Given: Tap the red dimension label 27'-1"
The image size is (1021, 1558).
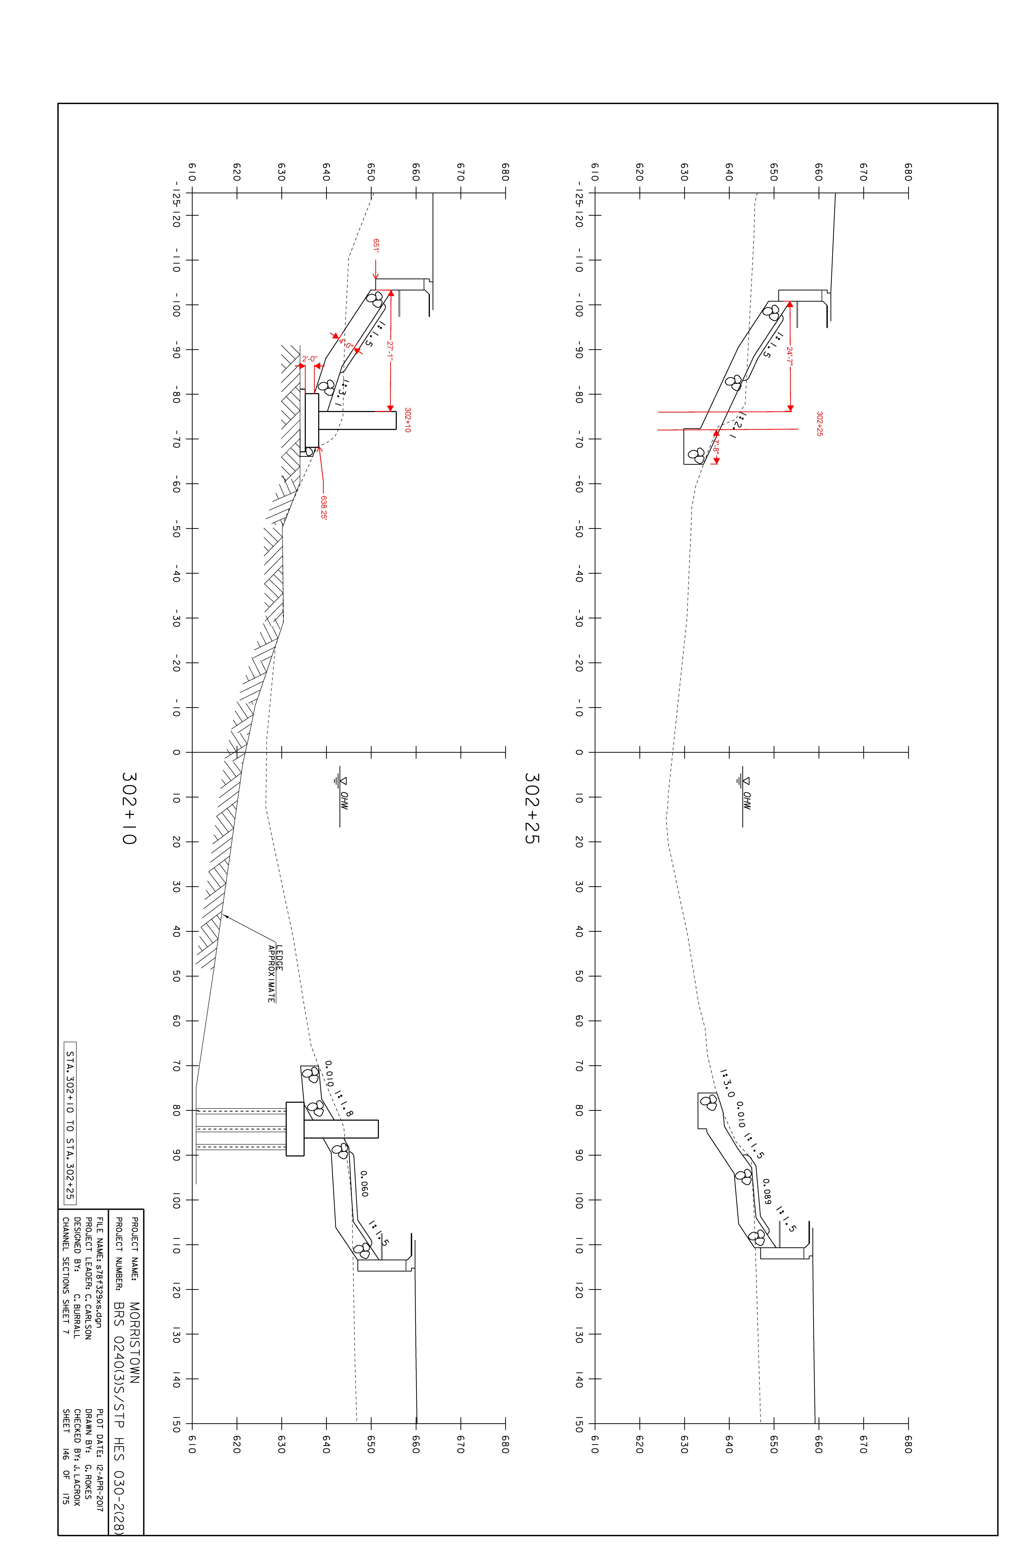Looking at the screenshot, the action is (x=390, y=352).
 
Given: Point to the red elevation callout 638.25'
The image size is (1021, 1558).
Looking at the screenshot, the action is (x=323, y=507).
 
